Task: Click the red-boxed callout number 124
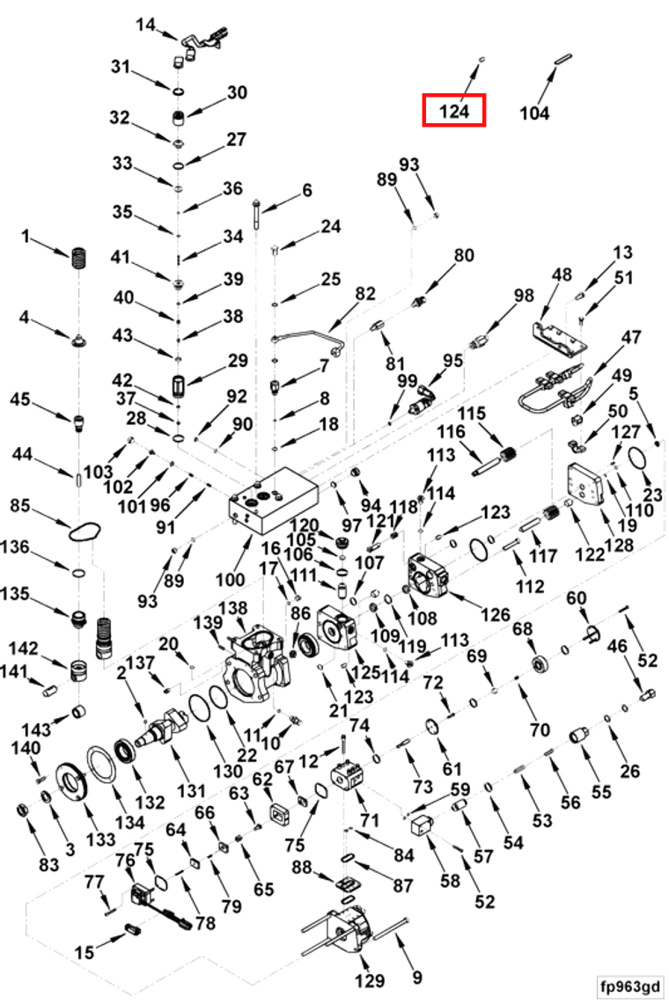pyautogui.click(x=453, y=112)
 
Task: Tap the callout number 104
pyautogui.click(x=534, y=114)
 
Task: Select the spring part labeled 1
pyautogui.click(x=78, y=258)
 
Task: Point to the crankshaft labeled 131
pyautogui.click(x=165, y=723)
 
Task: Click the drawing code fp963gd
pyautogui.click(x=629, y=985)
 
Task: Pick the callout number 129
pyautogui.click(x=370, y=980)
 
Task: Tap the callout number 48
pyautogui.click(x=562, y=275)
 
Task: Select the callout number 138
pyautogui.click(x=233, y=608)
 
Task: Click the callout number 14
pyautogui.click(x=145, y=25)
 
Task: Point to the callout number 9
pyautogui.click(x=417, y=978)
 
